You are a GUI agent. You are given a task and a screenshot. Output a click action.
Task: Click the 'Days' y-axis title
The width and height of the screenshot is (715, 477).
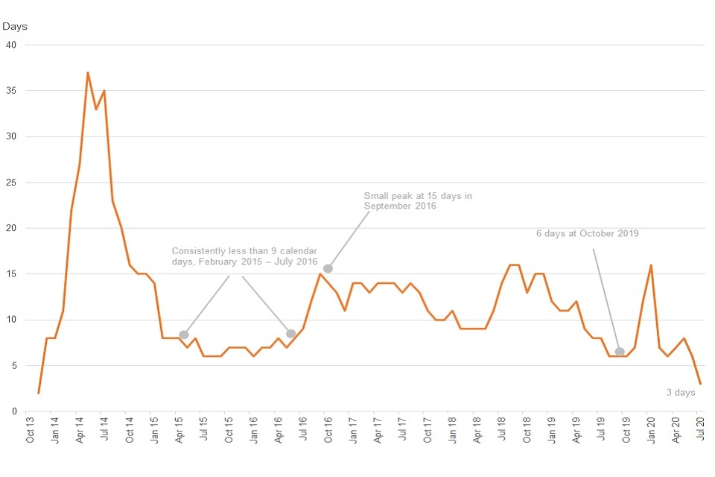(x=15, y=27)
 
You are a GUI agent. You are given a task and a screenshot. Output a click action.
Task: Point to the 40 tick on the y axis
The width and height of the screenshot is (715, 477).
(x=11, y=45)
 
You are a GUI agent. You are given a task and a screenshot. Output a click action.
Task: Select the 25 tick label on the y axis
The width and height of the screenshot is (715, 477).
(x=11, y=183)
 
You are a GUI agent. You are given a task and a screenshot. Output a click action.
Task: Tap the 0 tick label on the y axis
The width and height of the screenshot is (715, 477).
(x=13, y=411)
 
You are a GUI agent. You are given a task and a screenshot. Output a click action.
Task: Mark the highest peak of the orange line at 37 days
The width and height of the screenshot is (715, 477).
(x=88, y=72)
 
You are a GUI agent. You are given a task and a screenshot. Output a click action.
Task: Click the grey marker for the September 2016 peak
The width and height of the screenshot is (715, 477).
(x=328, y=268)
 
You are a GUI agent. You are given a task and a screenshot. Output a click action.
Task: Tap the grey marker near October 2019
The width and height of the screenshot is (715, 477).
(x=620, y=352)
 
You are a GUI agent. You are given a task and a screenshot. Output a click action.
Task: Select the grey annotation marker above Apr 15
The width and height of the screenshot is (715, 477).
(x=184, y=335)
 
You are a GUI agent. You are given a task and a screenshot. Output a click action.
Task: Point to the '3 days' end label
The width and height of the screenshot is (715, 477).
(x=680, y=393)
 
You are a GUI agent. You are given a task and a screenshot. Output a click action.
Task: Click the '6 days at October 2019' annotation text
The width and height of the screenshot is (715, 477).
(x=587, y=233)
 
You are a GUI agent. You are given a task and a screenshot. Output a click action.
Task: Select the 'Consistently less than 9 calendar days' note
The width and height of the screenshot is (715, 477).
(x=244, y=257)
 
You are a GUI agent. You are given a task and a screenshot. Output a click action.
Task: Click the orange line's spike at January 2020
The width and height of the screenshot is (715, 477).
(x=652, y=265)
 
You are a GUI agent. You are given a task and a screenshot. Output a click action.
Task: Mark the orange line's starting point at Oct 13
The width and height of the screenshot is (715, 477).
(x=38, y=393)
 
